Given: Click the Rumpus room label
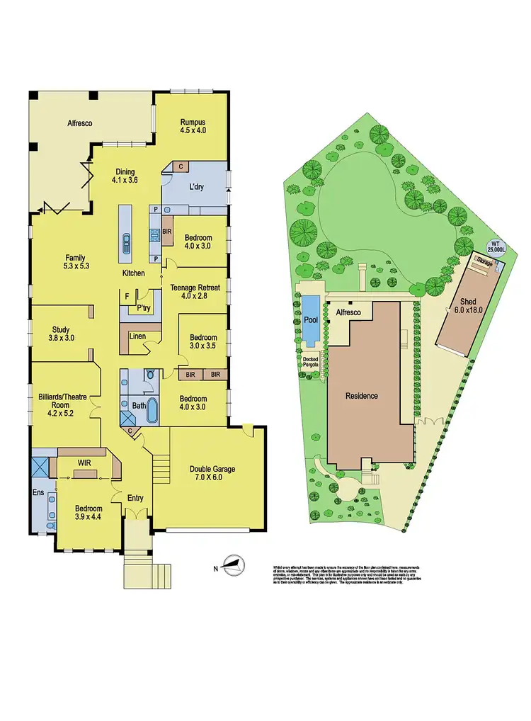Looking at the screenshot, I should pyautogui.click(x=193, y=125).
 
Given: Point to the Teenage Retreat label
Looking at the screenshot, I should pyautogui.click(x=195, y=292).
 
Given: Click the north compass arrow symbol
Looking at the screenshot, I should pyautogui.click(x=232, y=564).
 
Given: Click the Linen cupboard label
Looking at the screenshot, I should pyautogui.click(x=137, y=336).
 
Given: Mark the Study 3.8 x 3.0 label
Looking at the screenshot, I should pyautogui.click(x=60, y=333).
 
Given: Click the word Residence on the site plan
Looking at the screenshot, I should pyautogui.click(x=362, y=396).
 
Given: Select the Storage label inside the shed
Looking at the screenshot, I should pyautogui.click(x=484, y=262).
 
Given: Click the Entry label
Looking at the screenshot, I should pyautogui.click(x=135, y=498).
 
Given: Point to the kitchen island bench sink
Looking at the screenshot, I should pyautogui.click(x=125, y=242).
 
